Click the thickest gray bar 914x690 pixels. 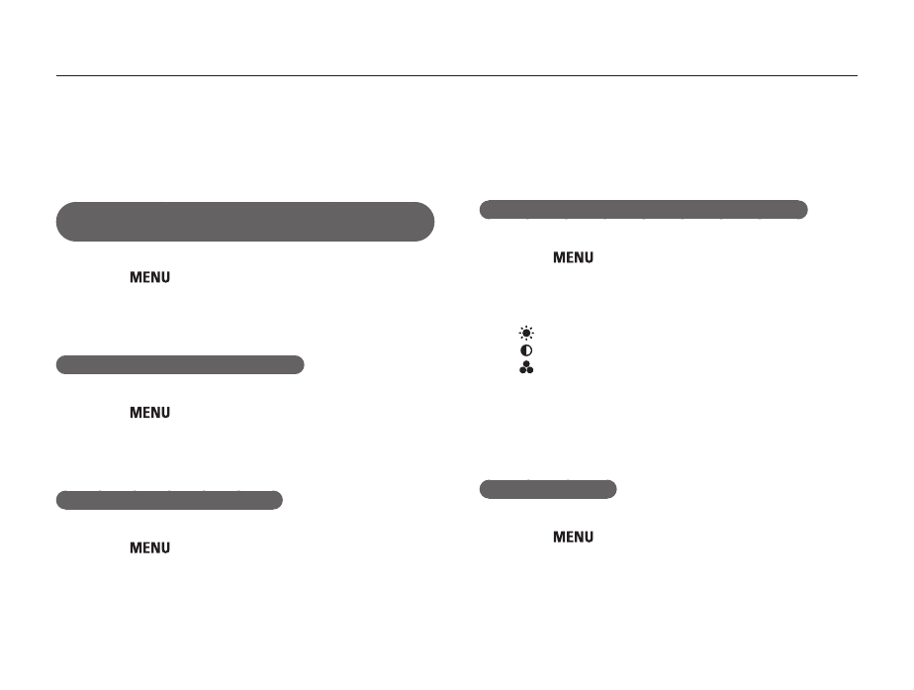(x=245, y=222)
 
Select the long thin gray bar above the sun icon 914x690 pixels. (x=644, y=210)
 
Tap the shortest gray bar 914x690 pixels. (x=548, y=489)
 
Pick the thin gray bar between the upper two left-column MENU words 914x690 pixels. (x=180, y=364)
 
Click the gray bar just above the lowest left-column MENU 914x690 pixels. (x=169, y=500)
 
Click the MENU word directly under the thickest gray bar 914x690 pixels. (x=149, y=277)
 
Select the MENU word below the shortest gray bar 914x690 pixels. (x=573, y=537)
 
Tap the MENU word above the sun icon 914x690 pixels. (x=573, y=257)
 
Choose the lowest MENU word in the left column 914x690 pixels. (x=149, y=547)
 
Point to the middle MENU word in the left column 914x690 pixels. (x=149, y=413)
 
